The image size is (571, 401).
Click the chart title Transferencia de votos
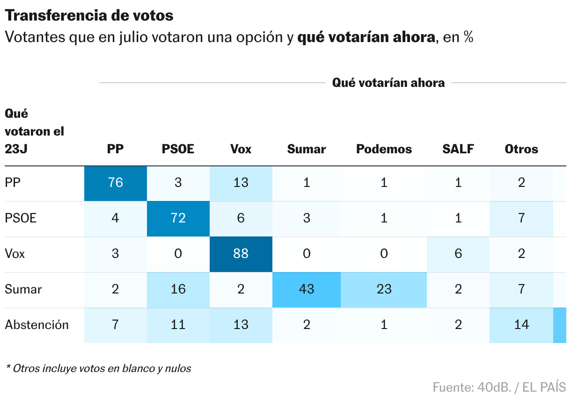click(89, 15)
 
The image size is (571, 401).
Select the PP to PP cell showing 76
click(115, 183)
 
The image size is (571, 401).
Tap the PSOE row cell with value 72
click(178, 218)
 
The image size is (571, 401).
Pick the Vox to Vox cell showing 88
click(241, 254)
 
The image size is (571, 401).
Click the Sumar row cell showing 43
click(306, 289)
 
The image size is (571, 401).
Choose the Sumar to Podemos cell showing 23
click(384, 289)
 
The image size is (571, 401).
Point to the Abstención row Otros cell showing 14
click(521, 325)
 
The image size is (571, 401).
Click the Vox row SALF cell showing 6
click(458, 254)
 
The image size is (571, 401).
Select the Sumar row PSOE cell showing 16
click(178, 289)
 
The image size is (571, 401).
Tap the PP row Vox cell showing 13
click(241, 183)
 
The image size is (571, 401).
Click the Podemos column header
click(384, 149)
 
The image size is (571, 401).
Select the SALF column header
click(458, 149)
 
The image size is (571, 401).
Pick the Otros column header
click(521, 149)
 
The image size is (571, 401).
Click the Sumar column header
click(306, 149)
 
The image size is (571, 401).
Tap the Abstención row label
click(37, 325)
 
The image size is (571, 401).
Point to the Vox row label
click(15, 254)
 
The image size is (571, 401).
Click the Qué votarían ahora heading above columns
click(388, 83)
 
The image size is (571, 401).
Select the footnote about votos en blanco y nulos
click(98, 368)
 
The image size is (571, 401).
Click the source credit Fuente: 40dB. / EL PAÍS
click(499, 387)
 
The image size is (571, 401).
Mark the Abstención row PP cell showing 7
click(115, 325)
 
